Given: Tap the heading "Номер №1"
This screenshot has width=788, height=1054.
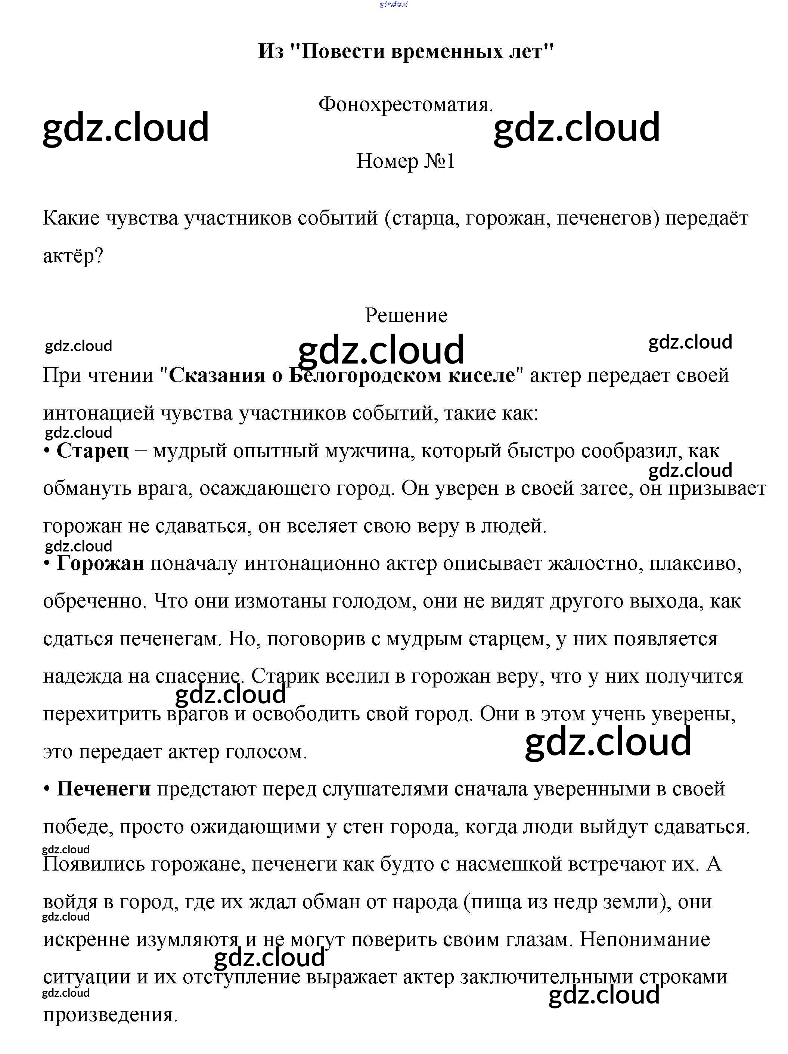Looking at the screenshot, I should click(406, 161).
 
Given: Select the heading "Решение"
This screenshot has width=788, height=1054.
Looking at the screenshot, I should click(406, 315).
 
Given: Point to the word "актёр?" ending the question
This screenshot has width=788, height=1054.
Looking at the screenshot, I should click(73, 256).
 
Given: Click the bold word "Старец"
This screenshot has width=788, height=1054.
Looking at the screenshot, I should click(92, 450).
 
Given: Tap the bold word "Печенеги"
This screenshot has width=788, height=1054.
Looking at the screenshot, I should click(103, 789).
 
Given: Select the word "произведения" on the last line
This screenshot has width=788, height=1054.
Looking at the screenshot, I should click(109, 1014).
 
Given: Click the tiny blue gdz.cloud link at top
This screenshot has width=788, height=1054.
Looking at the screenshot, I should click(394, 4).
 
